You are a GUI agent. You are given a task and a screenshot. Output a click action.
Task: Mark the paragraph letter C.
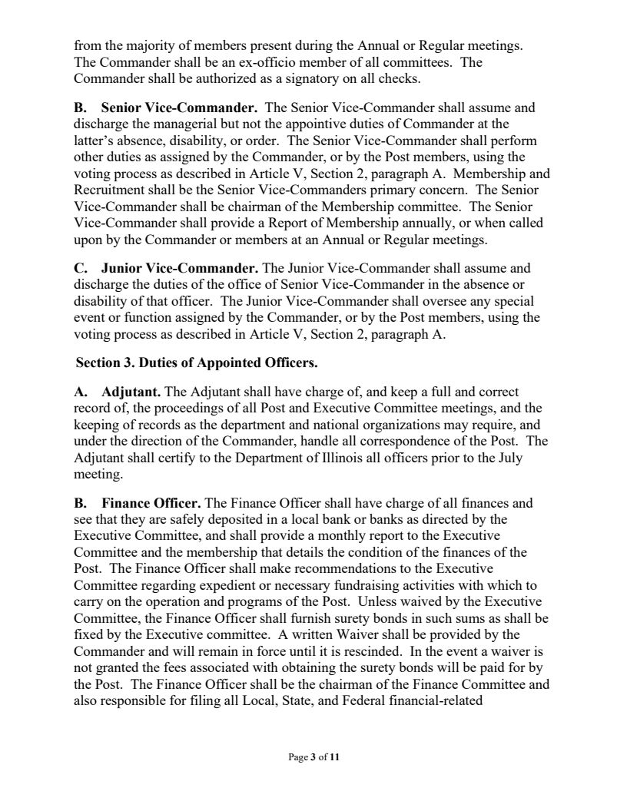coord(80,269)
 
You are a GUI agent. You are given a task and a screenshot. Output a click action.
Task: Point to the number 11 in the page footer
coord(334,757)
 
